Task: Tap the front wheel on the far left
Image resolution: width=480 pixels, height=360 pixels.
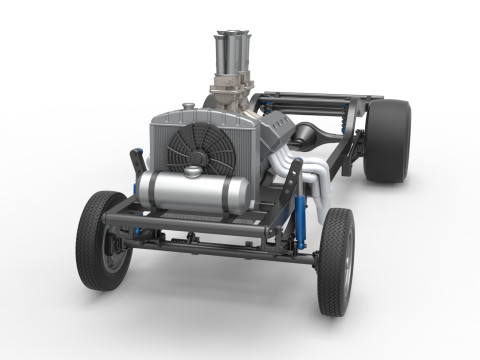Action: [102, 240]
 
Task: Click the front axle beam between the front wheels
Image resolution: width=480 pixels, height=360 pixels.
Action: [210, 243]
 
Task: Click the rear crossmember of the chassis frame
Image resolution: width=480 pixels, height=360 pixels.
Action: [320, 99]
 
